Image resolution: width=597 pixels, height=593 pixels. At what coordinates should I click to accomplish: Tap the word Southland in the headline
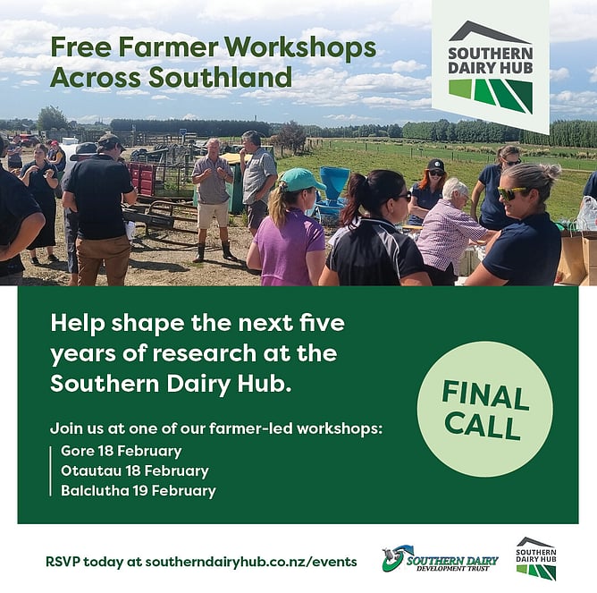pos(220,77)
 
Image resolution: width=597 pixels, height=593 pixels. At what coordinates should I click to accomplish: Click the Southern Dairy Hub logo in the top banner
pos(491,67)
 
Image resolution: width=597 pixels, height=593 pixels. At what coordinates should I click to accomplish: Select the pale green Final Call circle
pos(484,409)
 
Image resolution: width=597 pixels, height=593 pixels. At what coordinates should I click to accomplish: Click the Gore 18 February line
pos(121,451)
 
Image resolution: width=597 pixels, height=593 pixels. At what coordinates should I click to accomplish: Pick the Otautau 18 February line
pos(135,471)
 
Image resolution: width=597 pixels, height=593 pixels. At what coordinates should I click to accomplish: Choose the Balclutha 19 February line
pos(139,491)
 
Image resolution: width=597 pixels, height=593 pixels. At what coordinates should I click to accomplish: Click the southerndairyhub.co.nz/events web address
pos(251,562)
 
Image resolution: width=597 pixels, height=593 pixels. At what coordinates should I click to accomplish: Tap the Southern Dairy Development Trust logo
pos(440,559)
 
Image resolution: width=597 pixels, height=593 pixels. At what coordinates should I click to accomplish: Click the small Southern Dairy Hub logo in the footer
pos(536,558)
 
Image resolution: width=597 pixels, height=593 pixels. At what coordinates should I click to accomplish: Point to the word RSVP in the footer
pos(63,562)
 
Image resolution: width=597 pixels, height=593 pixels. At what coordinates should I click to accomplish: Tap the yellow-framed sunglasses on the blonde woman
pos(511,193)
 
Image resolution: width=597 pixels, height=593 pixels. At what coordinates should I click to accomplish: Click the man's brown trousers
pos(102,259)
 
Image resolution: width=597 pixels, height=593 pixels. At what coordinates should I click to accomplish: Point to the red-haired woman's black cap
pos(436,165)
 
